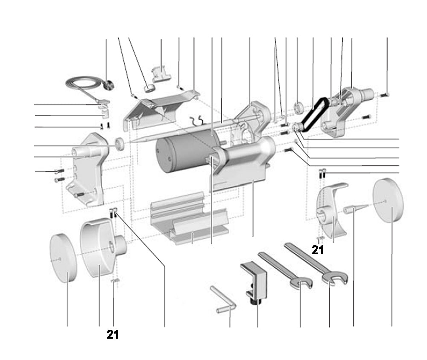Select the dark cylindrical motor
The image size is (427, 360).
coord(179,152)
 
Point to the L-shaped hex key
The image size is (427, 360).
coord(224,301)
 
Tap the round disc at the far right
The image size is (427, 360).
coord(388,201)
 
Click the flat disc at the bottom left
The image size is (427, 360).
coord(63,258)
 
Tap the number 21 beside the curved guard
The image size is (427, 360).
coord(318,250)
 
